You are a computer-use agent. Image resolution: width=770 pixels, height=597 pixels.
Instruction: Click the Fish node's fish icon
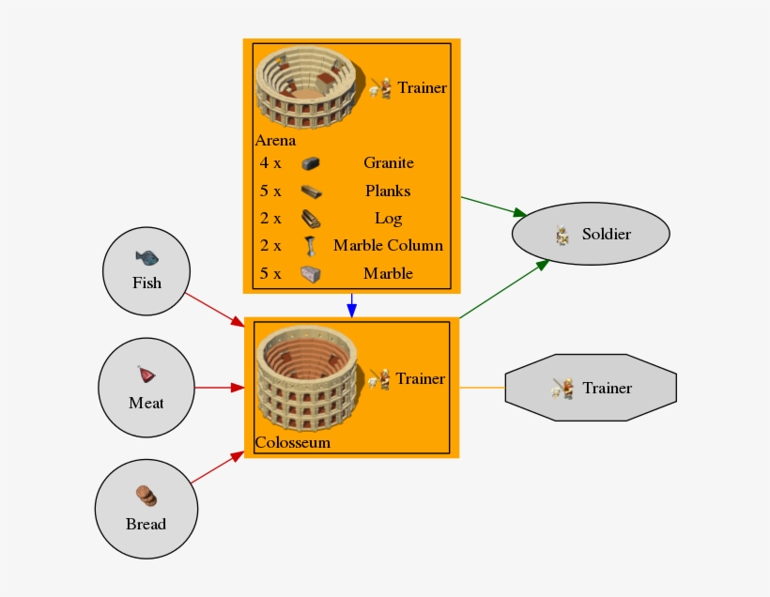pyautogui.click(x=146, y=256)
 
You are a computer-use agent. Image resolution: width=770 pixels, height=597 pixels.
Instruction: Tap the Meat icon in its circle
pyautogui.click(x=146, y=375)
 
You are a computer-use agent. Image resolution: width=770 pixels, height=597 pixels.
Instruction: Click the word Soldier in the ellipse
pyautogui.click(x=606, y=234)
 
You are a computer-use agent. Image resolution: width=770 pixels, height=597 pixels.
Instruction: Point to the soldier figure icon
pyautogui.click(x=562, y=235)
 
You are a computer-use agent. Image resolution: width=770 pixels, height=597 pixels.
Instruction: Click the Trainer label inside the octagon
pyautogui.click(x=607, y=388)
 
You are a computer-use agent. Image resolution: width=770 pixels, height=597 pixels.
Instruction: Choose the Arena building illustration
pyautogui.click(x=307, y=89)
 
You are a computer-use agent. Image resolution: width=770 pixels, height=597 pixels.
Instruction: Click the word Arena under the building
pyautogui.click(x=275, y=141)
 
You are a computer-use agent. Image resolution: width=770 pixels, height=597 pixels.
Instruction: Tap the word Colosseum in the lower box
pyautogui.click(x=293, y=442)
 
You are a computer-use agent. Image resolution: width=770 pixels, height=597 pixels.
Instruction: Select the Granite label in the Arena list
pyautogui.click(x=388, y=162)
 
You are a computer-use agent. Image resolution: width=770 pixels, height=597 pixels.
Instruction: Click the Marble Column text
pyautogui.click(x=388, y=246)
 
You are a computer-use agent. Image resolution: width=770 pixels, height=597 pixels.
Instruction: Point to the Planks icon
pyautogui.click(x=312, y=191)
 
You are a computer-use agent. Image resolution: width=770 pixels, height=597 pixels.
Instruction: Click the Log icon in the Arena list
pyautogui.click(x=312, y=219)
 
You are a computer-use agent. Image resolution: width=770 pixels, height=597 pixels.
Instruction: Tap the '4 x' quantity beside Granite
pyautogui.click(x=270, y=162)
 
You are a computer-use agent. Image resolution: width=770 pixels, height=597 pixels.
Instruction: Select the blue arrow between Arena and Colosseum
pyautogui.click(x=351, y=305)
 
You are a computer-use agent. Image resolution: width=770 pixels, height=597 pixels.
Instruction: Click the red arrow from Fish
pyautogui.click(x=214, y=309)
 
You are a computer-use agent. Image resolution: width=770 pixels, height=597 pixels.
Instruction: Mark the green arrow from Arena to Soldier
pyautogui.click(x=493, y=207)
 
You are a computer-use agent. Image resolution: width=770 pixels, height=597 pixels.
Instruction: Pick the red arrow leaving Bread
pyautogui.click(x=216, y=470)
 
